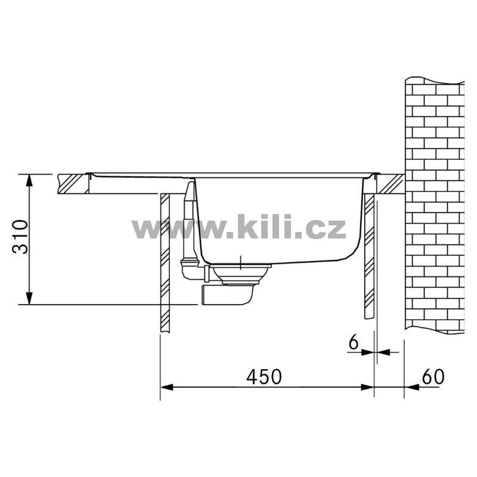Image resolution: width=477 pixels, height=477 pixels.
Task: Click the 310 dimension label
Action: pos(20,237)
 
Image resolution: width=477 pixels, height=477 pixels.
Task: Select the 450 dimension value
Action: pos(264,377)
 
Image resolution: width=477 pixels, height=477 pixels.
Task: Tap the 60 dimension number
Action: pos(433,377)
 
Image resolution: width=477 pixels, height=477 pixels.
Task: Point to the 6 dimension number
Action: pos(354,343)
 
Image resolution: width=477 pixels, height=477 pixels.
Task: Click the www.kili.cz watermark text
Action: pos(239,227)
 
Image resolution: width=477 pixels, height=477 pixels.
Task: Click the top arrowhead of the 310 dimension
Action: pos(29,180)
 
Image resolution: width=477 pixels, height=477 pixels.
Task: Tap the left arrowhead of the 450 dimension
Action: pos(167,387)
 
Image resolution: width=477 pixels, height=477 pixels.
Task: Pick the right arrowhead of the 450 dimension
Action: pos(367,387)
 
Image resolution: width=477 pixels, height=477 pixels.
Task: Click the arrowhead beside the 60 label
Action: pos(411,387)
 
